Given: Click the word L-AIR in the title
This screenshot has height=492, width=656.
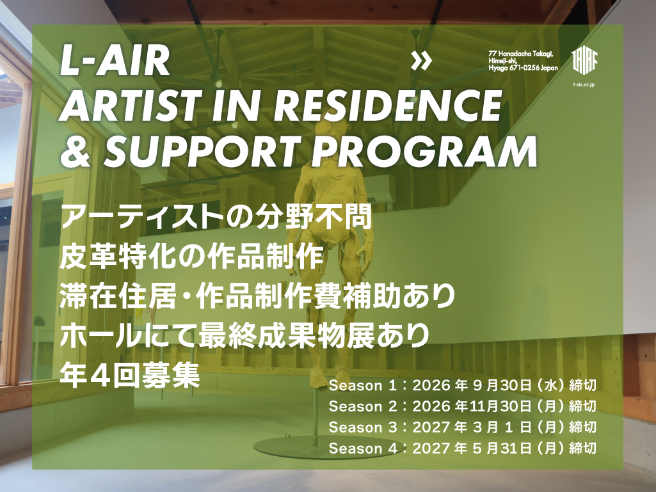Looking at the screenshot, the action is click(115, 61).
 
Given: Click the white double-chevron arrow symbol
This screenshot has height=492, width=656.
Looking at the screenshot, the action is click(421, 61).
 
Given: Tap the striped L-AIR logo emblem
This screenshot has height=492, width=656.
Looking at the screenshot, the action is click(584, 61).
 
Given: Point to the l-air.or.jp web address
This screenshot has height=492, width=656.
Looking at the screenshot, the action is click(584, 84).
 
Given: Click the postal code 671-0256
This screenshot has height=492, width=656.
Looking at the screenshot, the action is click(524, 68).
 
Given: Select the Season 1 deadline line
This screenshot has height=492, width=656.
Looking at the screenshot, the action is click(462, 385).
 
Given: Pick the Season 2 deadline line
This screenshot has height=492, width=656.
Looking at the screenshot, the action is click(462, 406).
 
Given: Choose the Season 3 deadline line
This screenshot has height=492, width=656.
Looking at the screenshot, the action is click(462, 427).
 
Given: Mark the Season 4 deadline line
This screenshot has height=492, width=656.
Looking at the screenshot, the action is click(462, 448).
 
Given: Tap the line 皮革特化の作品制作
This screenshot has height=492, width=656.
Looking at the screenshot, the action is click(191, 257).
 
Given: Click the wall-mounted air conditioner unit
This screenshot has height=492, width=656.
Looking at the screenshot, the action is click(380, 188).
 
